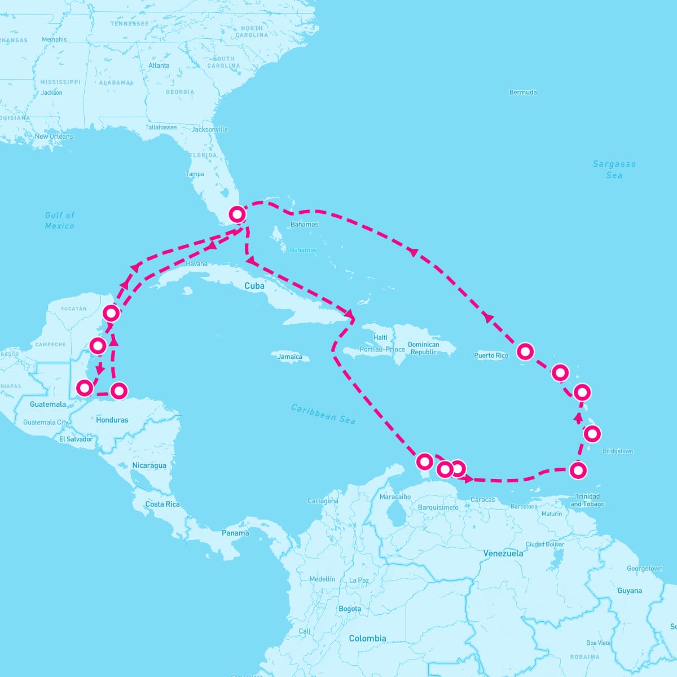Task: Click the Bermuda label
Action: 523,92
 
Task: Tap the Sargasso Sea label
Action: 614,169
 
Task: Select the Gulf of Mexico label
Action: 60,220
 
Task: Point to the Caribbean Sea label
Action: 323,414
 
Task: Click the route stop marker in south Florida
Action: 238,214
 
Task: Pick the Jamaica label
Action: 290,357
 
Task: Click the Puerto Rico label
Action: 491,355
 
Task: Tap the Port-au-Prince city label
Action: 382,349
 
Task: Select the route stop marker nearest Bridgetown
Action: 592,434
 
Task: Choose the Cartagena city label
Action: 323,500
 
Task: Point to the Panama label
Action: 235,533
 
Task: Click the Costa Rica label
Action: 162,504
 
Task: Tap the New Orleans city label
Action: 54,137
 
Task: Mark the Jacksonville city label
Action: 210,129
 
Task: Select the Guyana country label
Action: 629,591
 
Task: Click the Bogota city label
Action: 350,609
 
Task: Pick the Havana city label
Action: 196,263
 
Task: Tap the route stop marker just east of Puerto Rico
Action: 525,351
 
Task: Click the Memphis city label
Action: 54,39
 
